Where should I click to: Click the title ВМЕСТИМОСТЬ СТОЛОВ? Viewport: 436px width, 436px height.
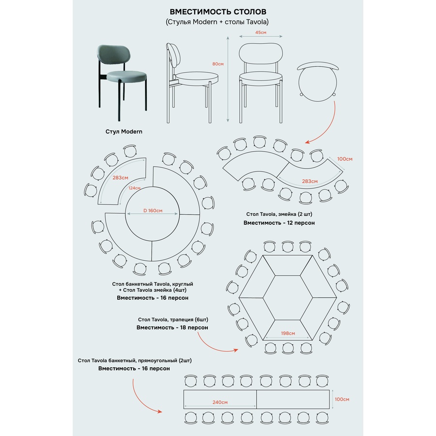point(218,11)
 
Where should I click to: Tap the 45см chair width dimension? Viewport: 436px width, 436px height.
point(261,33)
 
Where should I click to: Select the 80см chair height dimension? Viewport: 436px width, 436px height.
point(218,64)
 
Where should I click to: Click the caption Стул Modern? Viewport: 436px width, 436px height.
point(124,131)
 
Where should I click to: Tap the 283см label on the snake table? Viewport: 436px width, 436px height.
point(310,181)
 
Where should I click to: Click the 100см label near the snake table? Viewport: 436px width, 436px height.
point(345,159)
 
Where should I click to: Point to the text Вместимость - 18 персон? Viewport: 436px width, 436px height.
point(172,328)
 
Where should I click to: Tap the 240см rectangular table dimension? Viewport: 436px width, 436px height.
point(219,402)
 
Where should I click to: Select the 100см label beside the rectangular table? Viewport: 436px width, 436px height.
point(342,399)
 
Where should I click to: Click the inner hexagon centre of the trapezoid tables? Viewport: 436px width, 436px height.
point(288,297)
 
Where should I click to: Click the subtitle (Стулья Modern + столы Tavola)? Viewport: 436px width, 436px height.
point(218,22)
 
